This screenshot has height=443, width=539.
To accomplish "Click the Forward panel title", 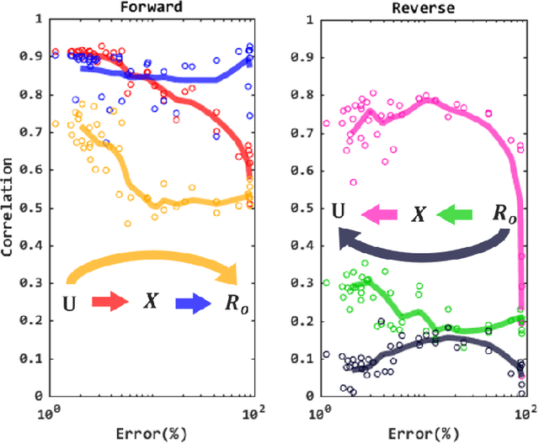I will click(152, 8).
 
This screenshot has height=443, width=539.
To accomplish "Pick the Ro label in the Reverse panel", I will click(503, 215).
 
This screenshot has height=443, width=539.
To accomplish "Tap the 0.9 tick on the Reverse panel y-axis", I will click(303, 57).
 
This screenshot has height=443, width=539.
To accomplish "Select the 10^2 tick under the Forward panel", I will click(250, 413).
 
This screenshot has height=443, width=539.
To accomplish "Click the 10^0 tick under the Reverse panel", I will click(320, 413).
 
